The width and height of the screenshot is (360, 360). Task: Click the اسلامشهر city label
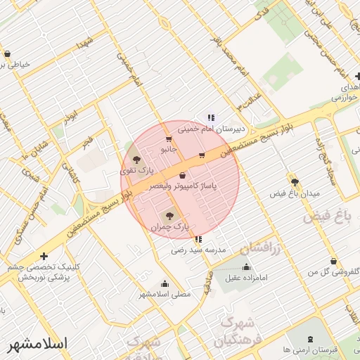37,345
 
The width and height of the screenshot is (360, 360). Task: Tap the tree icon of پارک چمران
168,215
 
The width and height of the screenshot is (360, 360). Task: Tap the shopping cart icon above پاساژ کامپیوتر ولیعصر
183,175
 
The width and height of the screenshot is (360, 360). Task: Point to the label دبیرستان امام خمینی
210,129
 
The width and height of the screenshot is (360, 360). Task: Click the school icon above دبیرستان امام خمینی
210,117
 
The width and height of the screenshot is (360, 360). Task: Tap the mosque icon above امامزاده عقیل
246,266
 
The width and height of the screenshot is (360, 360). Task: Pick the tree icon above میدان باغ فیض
295,181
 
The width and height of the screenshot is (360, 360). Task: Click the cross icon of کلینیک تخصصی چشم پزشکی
44,256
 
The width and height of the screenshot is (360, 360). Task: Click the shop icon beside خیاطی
7,54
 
